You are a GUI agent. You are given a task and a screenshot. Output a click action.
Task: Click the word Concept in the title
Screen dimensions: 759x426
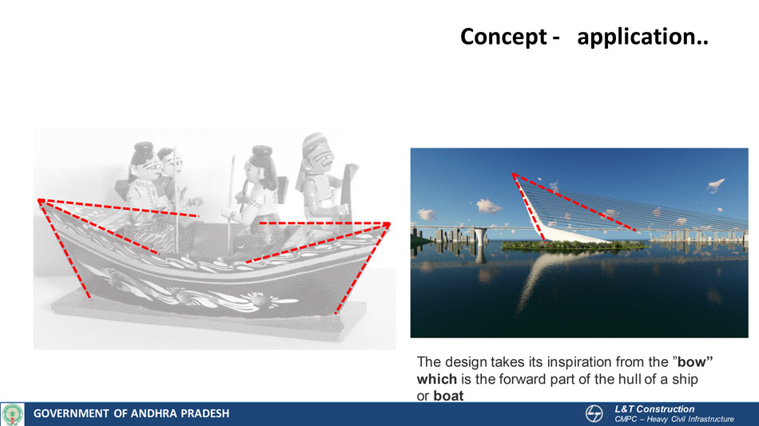503,37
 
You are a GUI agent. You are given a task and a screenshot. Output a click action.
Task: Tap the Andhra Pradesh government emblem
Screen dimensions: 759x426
12,414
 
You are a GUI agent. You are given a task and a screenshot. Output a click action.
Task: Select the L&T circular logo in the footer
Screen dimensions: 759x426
594,414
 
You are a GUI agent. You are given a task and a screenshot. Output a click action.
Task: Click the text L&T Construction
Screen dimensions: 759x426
654,409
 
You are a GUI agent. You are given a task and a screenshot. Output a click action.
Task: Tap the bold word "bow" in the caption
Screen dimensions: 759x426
693,361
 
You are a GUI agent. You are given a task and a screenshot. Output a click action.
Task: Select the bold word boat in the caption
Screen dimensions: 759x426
448,396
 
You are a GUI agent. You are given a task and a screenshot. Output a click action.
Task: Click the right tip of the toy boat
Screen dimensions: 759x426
388,224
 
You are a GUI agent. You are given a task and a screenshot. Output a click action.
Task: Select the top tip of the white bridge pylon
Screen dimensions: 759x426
514,174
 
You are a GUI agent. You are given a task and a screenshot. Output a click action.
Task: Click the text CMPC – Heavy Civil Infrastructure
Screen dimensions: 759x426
674,420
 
